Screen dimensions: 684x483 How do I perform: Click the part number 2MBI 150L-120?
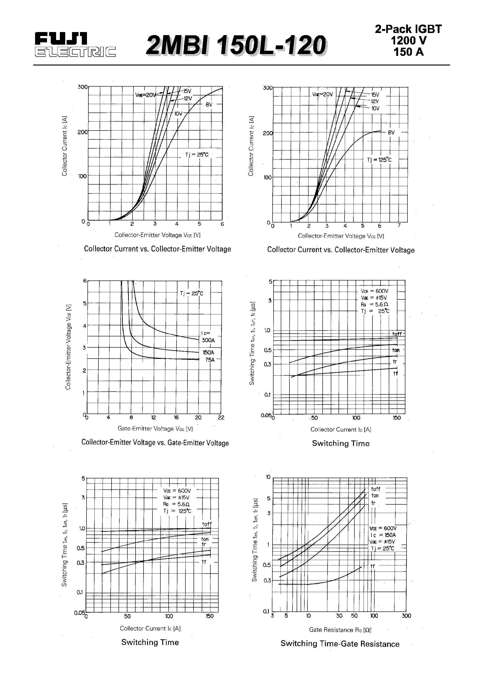tap(236, 46)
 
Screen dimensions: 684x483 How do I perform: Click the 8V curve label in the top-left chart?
tap(209, 105)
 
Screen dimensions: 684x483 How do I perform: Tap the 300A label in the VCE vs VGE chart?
tap(208, 340)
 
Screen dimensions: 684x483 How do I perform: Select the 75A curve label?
tap(210, 360)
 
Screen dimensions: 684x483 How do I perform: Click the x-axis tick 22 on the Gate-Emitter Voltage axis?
tap(221, 418)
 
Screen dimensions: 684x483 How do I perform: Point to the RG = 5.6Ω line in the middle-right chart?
tap(375, 305)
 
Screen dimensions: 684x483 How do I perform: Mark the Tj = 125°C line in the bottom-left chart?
tap(177, 511)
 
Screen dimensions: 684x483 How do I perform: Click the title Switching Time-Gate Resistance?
tap(340, 644)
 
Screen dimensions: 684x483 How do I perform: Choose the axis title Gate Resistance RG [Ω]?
tap(340, 630)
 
